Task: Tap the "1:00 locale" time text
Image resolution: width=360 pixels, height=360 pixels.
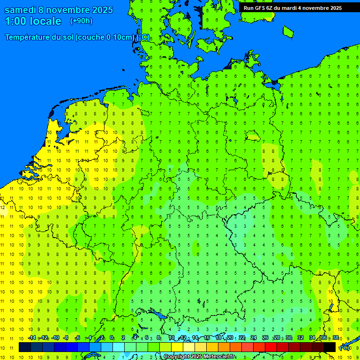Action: coord(33,21)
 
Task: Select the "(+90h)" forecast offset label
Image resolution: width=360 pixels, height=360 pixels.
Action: coord(81,21)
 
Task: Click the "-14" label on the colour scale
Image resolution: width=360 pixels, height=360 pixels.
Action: coord(32,338)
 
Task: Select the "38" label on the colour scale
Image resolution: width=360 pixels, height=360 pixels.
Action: coord(336,338)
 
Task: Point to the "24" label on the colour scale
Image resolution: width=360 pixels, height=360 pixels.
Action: coord(254,338)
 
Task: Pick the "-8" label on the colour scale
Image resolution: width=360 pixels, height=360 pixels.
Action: coord(66,338)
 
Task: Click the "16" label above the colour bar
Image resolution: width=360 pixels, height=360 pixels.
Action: coord(207,338)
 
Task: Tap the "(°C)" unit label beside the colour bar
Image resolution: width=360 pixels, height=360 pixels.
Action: coord(345,348)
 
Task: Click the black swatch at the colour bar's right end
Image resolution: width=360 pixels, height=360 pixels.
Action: coord(330,347)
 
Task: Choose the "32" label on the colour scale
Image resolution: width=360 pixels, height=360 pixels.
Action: coord(300,338)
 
